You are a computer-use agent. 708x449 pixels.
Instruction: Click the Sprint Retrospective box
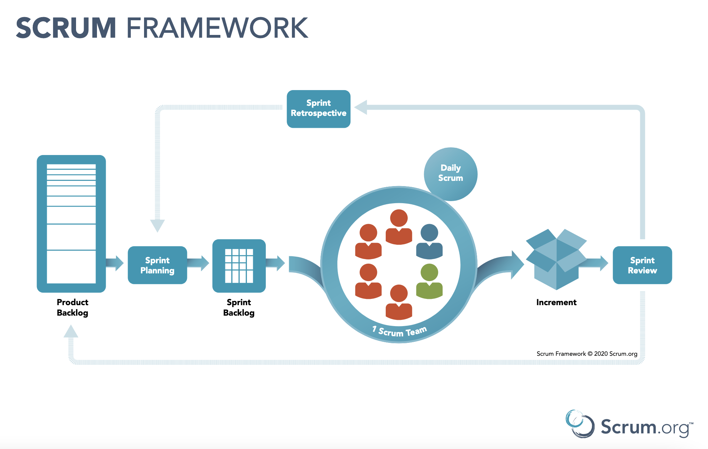pyautogui.click(x=318, y=109)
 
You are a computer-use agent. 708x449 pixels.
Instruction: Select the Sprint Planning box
pyautogui.click(x=157, y=265)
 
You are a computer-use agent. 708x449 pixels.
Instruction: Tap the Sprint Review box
pyautogui.click(x=642, y=265)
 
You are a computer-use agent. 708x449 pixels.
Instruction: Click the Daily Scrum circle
pyautogui.click(x=451, y=174)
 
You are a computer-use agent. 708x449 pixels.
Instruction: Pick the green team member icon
pyautogui.click(x=429, y=281)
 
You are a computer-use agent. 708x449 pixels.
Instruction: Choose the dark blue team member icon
pyautogui.click(x=429, y=242)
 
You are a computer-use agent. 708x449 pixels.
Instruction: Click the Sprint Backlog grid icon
pyautogui.click(x=239, y=266)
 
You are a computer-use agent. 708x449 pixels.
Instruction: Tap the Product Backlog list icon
pyautogui.click(x=71, y=223)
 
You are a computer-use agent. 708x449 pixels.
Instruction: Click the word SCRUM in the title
pyautogui.click(x=66, y=28)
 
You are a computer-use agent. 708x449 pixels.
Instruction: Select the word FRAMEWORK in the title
pyautogui.click(x=217, y=28)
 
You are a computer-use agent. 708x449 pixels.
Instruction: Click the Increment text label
pyautogui.click(x=556, y=302)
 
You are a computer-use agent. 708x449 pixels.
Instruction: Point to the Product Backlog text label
pyautogui.click(x=73, y=307)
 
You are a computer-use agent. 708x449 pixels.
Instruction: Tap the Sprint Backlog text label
pyautogui.click(x=239, y=307)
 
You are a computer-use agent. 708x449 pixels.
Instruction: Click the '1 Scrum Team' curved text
pyautogui.click(x=400, y=331)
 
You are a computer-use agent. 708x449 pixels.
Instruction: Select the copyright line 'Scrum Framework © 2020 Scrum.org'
pyautogui.click(x=587, y=354)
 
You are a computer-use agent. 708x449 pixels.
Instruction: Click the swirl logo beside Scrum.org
pyautogui.click(x=580, y=424)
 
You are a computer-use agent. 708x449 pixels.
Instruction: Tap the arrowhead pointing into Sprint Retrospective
pyautogui.click(x=361, y=107)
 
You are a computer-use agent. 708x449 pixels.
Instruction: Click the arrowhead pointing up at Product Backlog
pyautogui.click(x=71, y=332)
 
